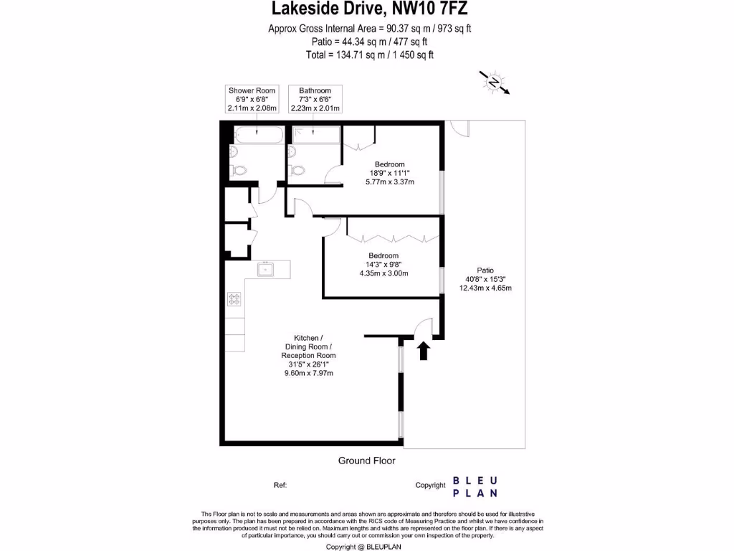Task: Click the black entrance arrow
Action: [x=423, y=350]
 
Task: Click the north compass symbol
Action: [x=495, y=83]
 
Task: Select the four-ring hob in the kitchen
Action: [x=234, y=299]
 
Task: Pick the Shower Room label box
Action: [x=252, y=99]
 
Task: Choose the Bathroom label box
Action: [x=315, y=99]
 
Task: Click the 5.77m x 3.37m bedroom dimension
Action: [x=389, y=182]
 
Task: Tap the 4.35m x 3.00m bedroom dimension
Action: [x=383, y=273]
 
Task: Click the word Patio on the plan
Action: [x=485, y=270]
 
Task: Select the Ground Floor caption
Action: [x=366, y=461]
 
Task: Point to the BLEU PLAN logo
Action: [x=475, y=486]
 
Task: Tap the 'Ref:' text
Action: [x=280, y=486]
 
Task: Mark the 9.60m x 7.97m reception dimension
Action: [x=308, y=373]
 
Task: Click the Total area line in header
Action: [x=369, y=55]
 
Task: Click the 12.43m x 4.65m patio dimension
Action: [x=485, y=288]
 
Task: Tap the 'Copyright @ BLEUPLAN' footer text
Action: [x=367, y=546]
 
